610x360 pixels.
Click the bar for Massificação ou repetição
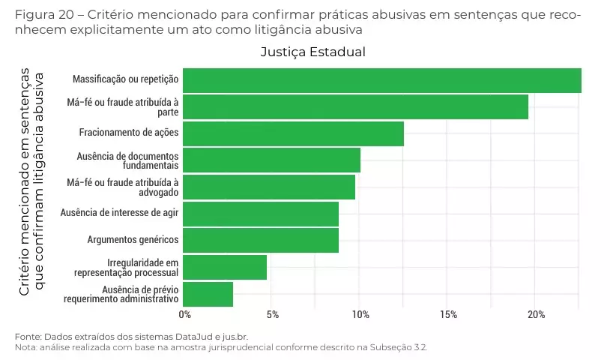click(x=382, y=80)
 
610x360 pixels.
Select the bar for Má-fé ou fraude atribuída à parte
click(x=355, y=107)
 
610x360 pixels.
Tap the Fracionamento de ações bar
click(x=293, y=133)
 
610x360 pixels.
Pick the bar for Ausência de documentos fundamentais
click(x=271, y=160)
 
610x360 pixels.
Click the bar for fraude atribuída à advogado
click(x=269, y=187)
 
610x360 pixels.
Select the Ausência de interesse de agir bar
click(x=261, y=214)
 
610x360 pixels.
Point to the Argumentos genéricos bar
click(x=261, y=241)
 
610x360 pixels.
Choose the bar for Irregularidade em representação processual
click(x=225, y=268)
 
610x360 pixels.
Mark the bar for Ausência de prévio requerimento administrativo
click(x=208, y=294)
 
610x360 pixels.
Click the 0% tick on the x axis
click(x=184, y=314)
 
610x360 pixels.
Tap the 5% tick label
click(x=272, y=314)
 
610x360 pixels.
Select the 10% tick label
click(x=360, y=314)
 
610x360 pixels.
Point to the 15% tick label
click(x=447, y=314)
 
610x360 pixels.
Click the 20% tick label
click(x=536, y=314)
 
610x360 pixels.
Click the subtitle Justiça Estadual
click(x=312, y=52)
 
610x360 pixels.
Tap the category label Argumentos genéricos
click(x=133, y=240)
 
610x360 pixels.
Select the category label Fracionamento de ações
click(x=129, y=133)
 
